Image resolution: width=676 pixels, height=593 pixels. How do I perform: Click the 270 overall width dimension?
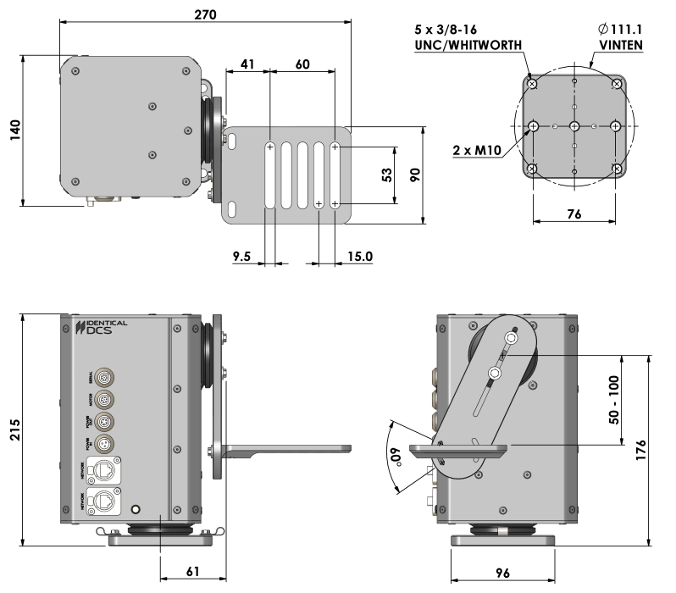point(205,14)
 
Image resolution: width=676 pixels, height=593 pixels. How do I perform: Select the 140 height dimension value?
point(14,131)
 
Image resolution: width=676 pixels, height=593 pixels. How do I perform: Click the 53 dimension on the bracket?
point(385,175)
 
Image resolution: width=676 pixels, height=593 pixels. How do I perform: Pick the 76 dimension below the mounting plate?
point(573,215)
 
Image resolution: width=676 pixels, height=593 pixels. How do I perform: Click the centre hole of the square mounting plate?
point(574,126)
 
